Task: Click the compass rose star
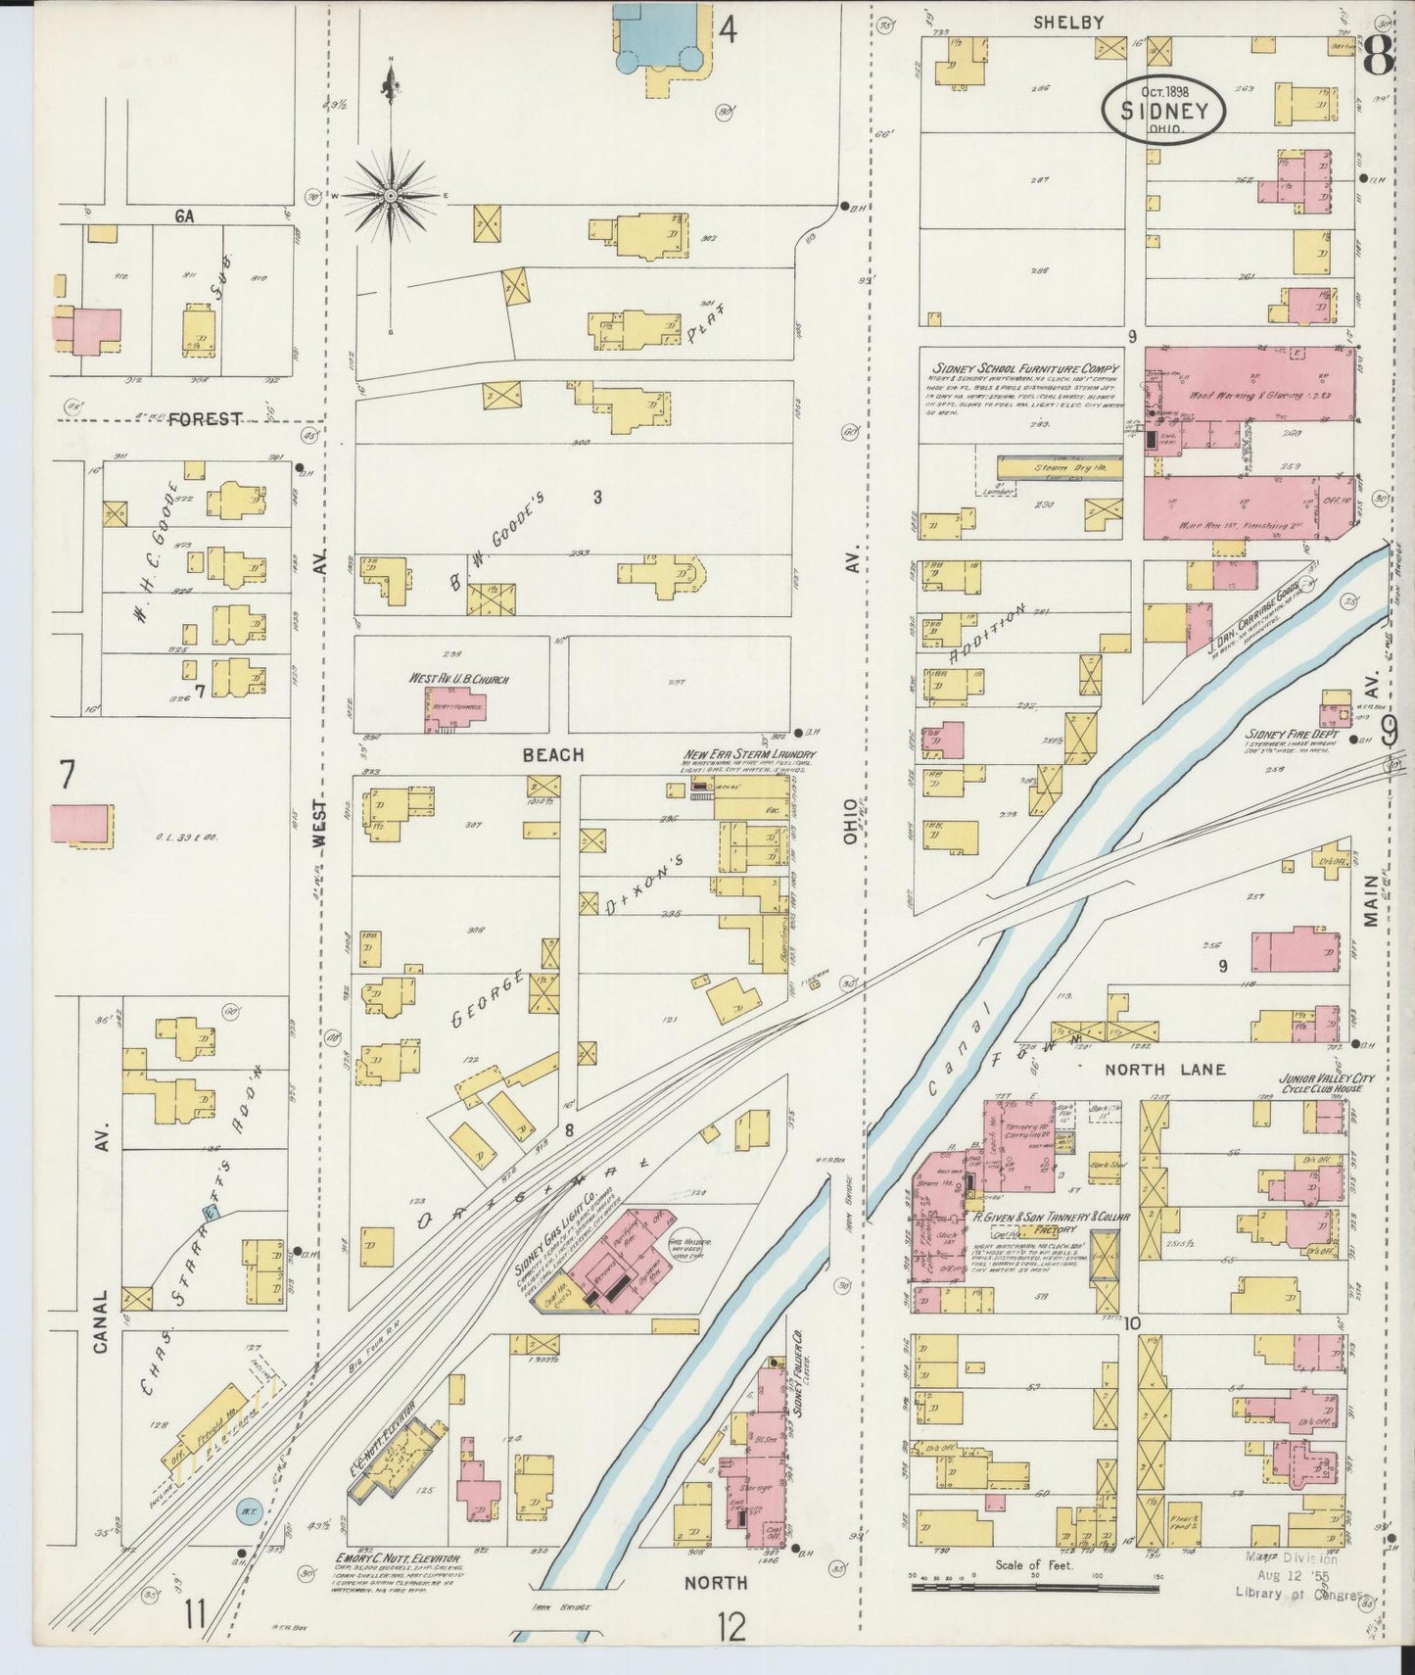(390, 196)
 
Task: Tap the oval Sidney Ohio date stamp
(1164, 110)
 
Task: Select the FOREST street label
(205, 419)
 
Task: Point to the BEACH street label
(552, 755)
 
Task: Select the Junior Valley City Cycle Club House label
(1326, 1083)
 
